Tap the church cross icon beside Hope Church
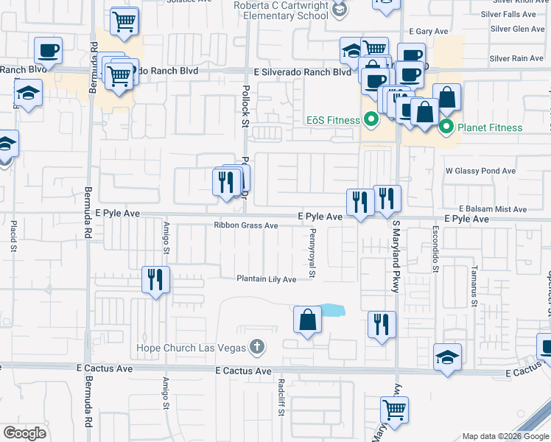click(x=256, y=346)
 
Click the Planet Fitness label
click(x=490, y=127)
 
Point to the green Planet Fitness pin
click(x=446, y=127)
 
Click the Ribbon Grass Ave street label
click(x=245, y=225)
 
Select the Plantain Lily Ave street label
click(x=266, y=279)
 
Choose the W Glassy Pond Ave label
click(x=480, y=171)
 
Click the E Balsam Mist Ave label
click(x=493, y=209)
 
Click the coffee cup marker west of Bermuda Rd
click(x=48, y=51)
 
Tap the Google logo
click(x=25, y=433)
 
